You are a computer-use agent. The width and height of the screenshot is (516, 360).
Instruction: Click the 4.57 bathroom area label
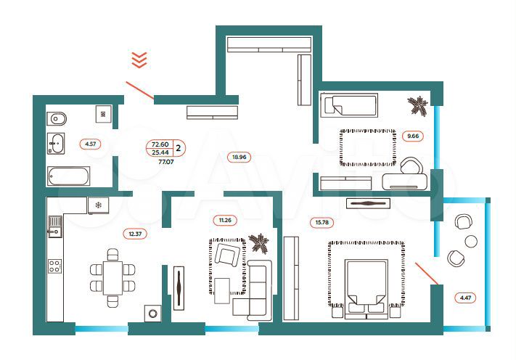click(x=90, y=144)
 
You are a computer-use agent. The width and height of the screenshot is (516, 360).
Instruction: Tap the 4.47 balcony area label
click(x=464, y=297)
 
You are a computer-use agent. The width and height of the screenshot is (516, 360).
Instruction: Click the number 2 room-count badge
click(x=179, y=147)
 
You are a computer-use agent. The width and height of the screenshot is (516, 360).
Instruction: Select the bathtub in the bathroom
click(x=69, y=176)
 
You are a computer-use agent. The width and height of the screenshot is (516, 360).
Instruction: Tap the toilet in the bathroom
click(x=59, y=118)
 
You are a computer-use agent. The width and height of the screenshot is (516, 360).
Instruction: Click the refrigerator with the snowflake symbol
click(x=98, y=205)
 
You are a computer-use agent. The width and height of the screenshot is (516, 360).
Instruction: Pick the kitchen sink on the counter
click(x=54, y=232)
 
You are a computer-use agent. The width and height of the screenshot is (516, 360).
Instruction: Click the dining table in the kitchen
click(x=112, y=276)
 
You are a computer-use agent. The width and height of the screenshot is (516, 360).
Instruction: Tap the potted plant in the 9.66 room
click(x=418, y=105)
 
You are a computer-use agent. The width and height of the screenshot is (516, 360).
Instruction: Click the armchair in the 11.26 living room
click(x=226, y=255)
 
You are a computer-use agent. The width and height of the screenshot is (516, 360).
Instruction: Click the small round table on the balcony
click(x=470, y=240)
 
